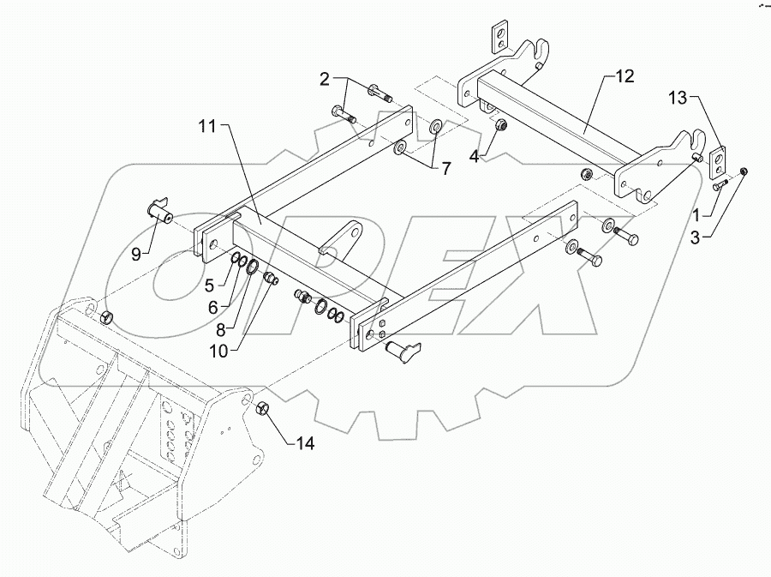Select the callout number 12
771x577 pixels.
[x=624, y=77]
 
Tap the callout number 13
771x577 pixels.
[x=678, y=100]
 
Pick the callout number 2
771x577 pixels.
[x=325, y=80]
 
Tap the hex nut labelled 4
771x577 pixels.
[x=502, y=126]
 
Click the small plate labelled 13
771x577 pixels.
[x=717, y=160]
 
